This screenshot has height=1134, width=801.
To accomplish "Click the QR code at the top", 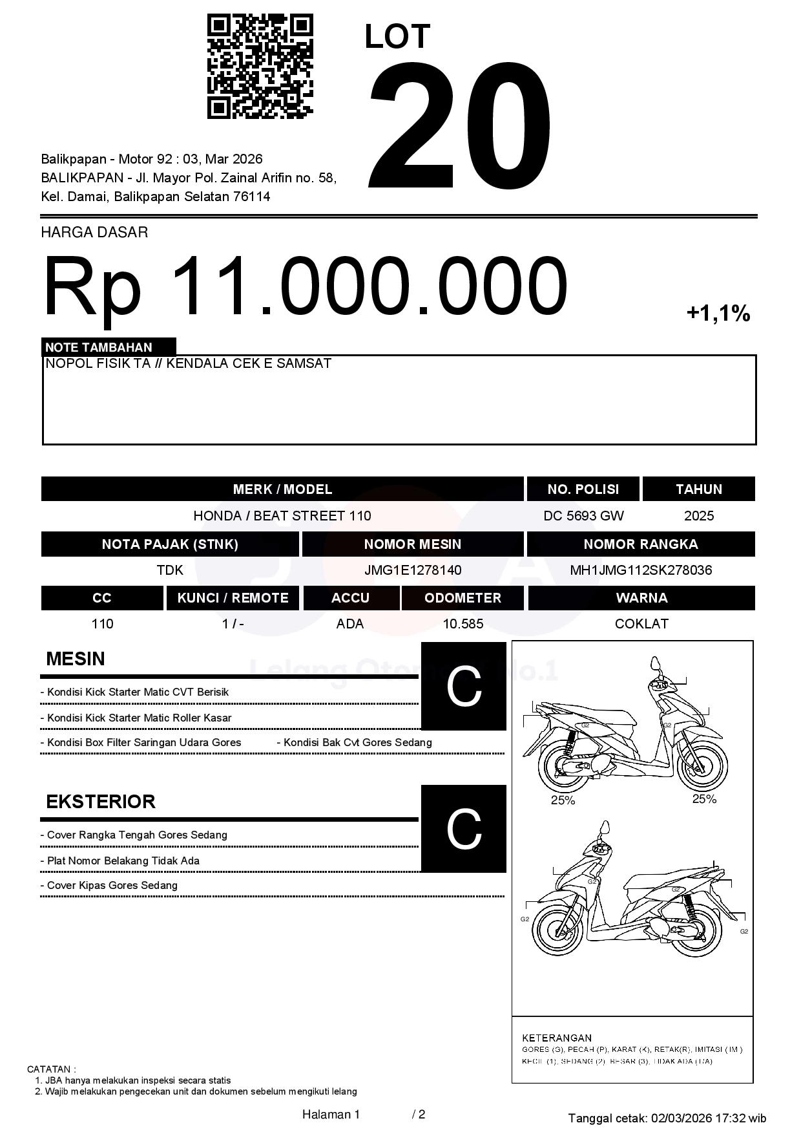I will tap(260, 67).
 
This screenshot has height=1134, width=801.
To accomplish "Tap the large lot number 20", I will tap(460, 126).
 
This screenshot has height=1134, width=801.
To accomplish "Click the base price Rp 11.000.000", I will tap(305, 286).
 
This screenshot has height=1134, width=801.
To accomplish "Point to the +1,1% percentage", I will tap(718, 314).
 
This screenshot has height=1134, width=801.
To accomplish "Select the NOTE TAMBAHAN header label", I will tap(99, 347).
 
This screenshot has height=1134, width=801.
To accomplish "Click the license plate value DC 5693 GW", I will tap(583, 516).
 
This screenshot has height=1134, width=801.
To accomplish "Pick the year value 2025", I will tap(699, 516).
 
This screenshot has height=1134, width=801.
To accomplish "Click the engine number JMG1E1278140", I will tap(413, 570).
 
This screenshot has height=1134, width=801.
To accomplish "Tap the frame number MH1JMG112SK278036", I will tap(641, 570).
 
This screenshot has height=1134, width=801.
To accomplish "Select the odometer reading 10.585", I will tap(463, 624).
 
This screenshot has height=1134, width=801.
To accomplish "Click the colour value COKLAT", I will tap(641, 624).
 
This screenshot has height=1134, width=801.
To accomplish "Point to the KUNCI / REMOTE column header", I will tap(233, 598).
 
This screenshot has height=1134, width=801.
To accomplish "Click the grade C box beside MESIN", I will tap(463, 687).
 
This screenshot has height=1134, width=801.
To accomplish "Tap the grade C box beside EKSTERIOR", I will tap(463, 829).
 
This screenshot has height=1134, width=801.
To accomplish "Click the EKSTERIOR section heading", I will tap(101, 802).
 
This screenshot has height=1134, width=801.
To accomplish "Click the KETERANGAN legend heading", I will tap(556, 1038).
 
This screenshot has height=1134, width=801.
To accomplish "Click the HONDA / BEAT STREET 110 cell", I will tap(282, 516).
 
